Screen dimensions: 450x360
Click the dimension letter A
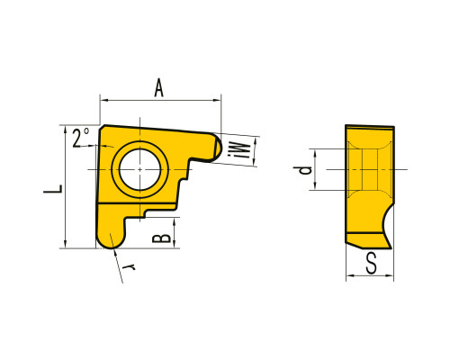click(x=158, y=87)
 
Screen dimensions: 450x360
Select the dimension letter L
click(x=53, y=188)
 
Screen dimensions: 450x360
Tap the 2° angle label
click(x=81, y=138)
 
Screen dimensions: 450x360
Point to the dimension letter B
click(x=161, y=238)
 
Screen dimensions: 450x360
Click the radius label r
click(x=130, y=266)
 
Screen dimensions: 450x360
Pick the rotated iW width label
click(x=239, y=150)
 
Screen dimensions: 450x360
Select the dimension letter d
click(x=302, y=170)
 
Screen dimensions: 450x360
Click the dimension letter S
click(x=372, y=263)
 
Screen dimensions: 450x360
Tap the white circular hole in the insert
click(x=139, y=169)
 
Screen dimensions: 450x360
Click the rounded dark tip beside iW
click(x=218, y=148)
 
